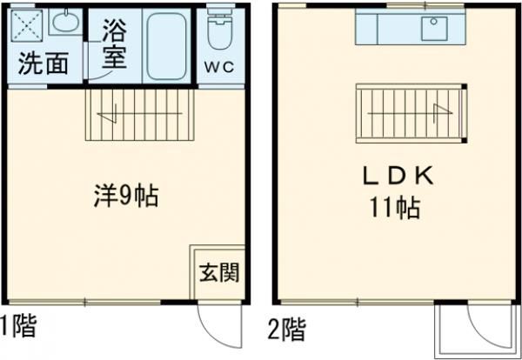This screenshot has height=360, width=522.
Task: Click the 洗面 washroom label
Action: pyautogui.click(x=43, y=64)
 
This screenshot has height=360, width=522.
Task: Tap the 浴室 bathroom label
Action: pyautogui.click(x=113, y=49)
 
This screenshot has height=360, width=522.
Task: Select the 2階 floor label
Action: pyautogui.click(x=286, y=330)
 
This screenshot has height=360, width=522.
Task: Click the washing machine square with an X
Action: pyautogui.click(x=28, y=28)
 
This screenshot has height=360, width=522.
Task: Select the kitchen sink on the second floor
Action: pyautogui.click(x=434, y=29)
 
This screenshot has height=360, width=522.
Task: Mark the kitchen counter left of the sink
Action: pyautogui.click(x=386, y=29)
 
